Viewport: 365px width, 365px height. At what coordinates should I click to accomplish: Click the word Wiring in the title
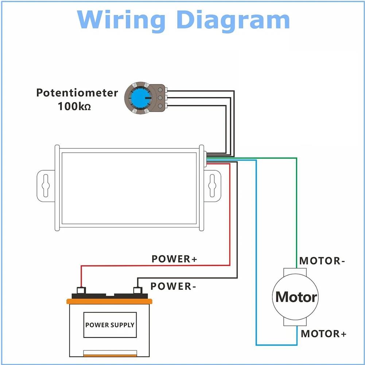point(121,20)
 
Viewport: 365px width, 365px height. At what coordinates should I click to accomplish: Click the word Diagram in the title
point(233,20)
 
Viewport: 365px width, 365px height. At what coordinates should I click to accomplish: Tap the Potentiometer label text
point(77,93)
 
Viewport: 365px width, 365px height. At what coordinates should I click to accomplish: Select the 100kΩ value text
point(74,106)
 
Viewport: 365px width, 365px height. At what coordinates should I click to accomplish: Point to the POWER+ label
point(174,259)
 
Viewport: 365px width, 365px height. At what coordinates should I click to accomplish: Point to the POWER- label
point(173,286)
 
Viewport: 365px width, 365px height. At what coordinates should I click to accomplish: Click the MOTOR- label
point(322,261)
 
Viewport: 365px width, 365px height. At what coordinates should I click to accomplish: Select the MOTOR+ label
point(323,334)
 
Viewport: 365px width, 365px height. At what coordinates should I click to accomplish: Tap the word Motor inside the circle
point(296,297)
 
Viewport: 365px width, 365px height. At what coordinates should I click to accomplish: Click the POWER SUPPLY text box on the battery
point(110,325)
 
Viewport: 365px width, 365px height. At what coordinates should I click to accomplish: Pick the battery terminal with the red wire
point(81,291)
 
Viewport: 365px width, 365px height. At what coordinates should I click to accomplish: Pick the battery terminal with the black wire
point(138,291)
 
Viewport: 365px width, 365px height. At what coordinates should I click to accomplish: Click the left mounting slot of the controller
point(45,186)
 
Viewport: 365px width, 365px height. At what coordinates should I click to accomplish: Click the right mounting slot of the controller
point(212,186)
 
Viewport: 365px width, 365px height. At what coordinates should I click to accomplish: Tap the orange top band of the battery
point(109,302)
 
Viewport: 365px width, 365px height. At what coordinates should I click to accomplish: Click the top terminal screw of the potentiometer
point(160,90)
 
